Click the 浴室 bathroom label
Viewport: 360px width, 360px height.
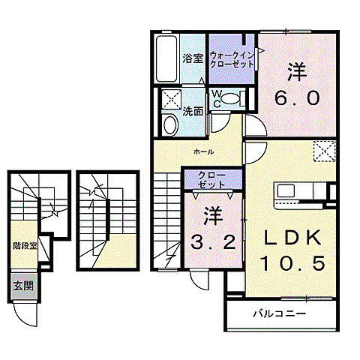193,58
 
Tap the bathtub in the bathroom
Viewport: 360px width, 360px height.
166,60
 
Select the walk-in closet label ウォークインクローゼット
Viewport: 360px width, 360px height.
232,58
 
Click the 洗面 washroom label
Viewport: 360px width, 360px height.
193,112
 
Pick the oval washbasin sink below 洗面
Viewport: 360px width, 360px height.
169,124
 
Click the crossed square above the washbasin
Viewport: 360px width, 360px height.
171,99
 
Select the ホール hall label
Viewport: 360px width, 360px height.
203,151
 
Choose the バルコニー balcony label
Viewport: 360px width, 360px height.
278,313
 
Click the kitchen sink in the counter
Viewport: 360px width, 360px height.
289,190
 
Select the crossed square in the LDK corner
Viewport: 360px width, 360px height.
323,152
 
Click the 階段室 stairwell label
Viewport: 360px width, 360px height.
24,245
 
